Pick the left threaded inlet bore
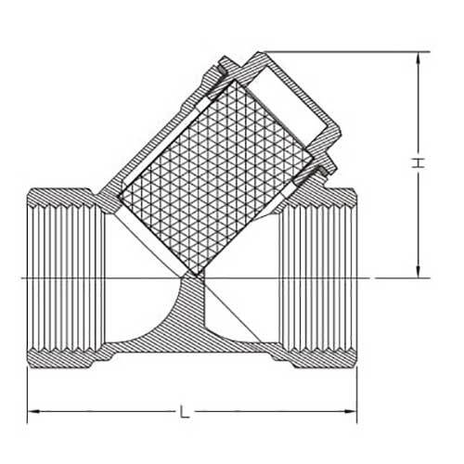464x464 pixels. [x=65, y=277]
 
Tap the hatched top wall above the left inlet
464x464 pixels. [x=65, y=197]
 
